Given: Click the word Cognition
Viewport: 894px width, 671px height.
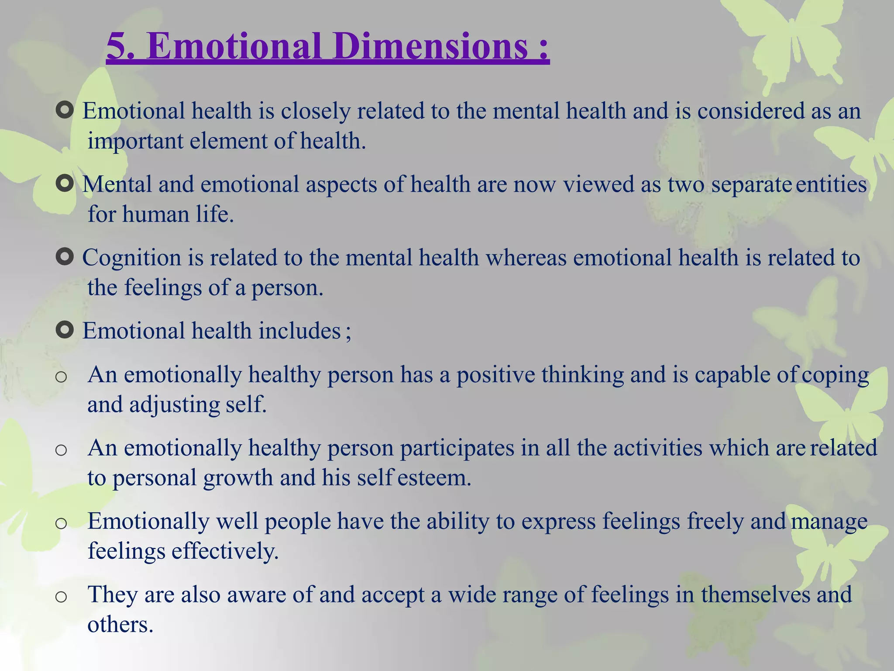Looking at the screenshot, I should point(131,258).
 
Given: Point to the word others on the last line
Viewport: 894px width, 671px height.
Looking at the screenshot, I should point(120,625).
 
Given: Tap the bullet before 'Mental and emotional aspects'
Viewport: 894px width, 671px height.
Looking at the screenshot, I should point(65,184).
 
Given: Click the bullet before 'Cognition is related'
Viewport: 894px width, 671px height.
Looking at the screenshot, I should point(65,257).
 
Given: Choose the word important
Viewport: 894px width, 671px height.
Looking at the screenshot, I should point(135,142).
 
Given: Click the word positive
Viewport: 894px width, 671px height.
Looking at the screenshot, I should point(495,375).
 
